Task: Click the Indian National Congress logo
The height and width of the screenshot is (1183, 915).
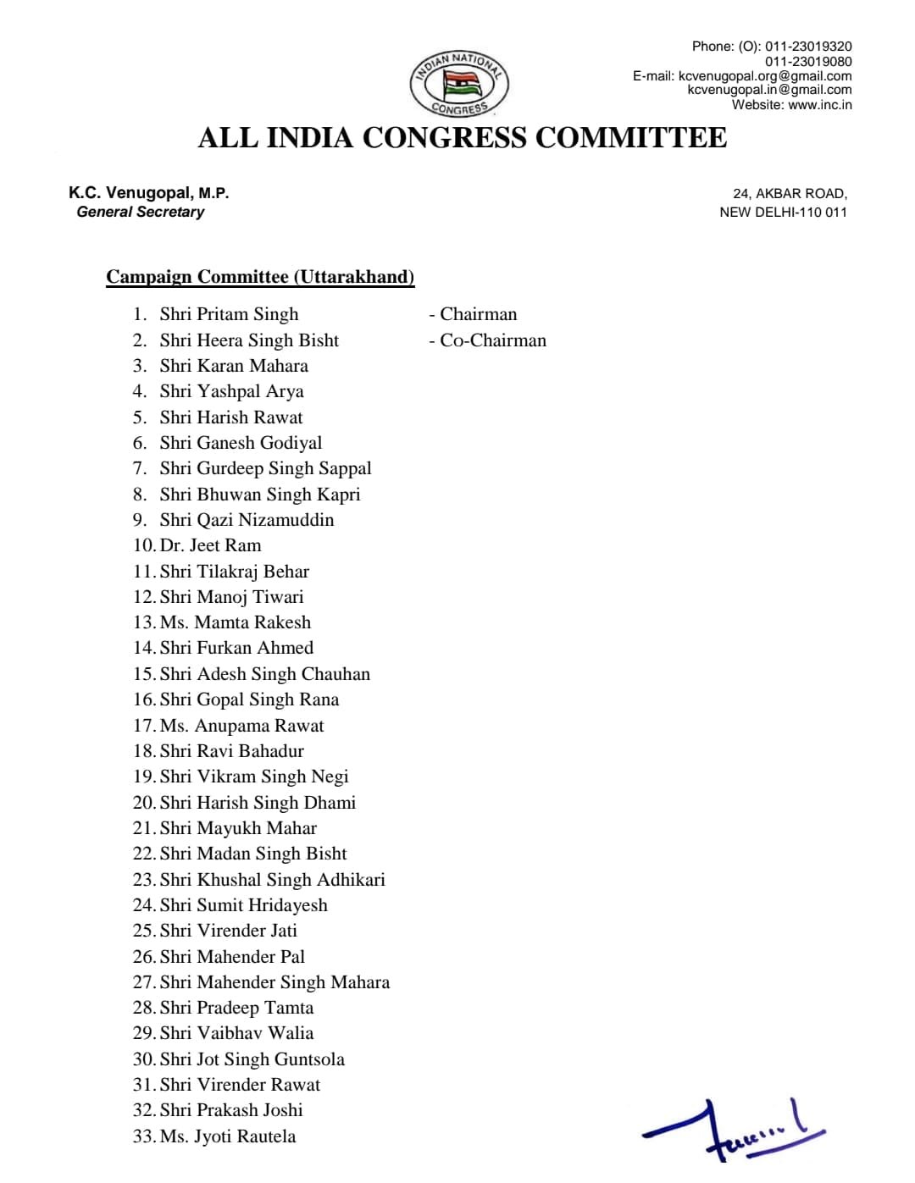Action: click(x=460, y=83)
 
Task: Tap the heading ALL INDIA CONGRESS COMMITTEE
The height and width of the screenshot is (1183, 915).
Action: click(x=462, y=138)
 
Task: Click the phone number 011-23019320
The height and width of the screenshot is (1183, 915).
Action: click(x=808, y=47)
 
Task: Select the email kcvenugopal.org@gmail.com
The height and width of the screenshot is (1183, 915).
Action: click(x=765, y=75)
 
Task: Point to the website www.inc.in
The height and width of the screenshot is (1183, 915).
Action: click(x=819, y=105)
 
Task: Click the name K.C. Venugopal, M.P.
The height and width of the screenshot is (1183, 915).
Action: click(x=149, y=193)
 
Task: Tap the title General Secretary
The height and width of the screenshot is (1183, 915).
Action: click(x=141, y=212)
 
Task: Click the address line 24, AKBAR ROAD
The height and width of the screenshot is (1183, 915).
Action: click(x=790, y=194)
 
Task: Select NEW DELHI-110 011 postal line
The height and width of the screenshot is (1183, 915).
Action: click(x=783, y=213)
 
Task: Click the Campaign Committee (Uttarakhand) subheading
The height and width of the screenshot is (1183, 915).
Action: click(x=260, y=277)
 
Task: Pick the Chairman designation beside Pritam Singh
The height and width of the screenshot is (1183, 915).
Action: click(x=478, y=314)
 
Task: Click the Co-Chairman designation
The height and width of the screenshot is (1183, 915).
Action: click(x=492, y=340)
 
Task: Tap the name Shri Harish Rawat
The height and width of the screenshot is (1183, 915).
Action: click(x=230, y=417)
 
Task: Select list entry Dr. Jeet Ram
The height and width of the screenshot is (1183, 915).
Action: click(x=210, y=545)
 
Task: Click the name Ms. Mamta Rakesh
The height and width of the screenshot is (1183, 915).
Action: click(x=236, y=622)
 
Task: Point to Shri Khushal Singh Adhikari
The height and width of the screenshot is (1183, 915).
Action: click(x=272, y=879)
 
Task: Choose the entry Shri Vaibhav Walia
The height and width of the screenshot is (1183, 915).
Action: click(x=236, y=1033)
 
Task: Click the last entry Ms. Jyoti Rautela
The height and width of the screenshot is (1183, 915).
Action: click(x=228, y=1136)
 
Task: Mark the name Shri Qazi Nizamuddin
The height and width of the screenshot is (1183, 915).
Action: click(x=247, y=520)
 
